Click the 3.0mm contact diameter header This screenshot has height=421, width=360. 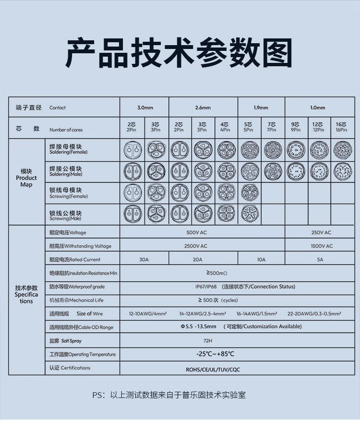click(x=144, y=108)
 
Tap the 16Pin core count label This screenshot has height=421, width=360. click(x=341, y=127)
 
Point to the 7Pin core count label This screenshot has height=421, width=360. click(x=272, y=127)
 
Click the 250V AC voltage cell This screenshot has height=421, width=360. click(x=321, y=232)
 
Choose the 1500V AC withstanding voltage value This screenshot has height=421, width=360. click(x=321, y=246)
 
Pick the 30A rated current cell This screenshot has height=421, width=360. click(x=144, y=259)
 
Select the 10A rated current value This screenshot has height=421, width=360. click(x=261, y=259)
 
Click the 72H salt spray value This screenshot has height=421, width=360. click(x=207, y=340)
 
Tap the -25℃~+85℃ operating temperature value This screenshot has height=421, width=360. click(x=216, y=354)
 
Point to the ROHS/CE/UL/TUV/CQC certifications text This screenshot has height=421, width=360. click(x=213, y=370)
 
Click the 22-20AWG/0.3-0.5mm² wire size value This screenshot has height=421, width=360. click(x=314, y=313)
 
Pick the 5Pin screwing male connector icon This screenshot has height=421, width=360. click(x=249, y=214)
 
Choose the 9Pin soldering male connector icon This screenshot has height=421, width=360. click(x=295, y=171)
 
